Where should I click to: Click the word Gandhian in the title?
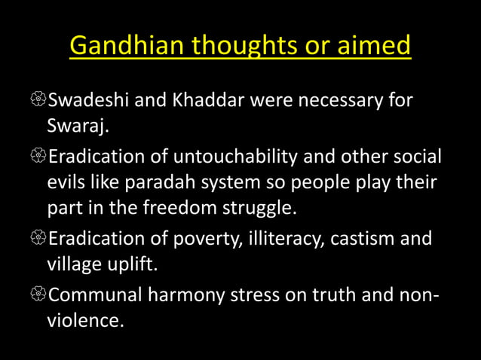pyautogui.click(x=121, y=46)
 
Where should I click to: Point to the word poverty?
pyautogui.click(x=215, y=239)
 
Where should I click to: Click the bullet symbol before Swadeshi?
pyautogui.click(x=38, y=101)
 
